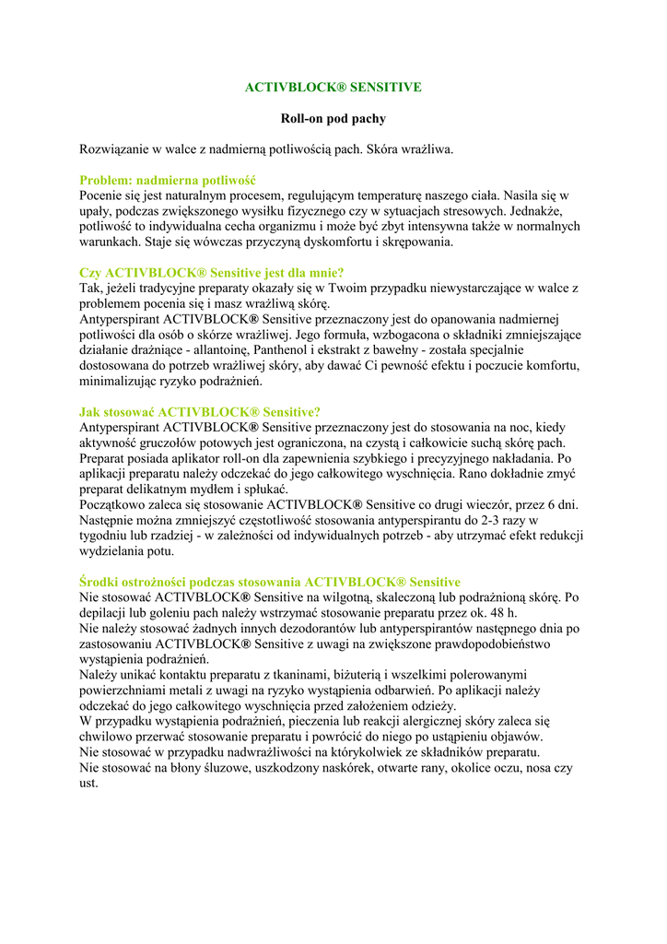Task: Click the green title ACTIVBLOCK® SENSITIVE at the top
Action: [x=333, y=88]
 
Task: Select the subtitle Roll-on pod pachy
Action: [x=333, y=119]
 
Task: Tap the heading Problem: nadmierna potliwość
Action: [x=167, y=181]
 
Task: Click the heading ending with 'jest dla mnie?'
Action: [x=212, y=273]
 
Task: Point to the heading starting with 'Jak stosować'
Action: [x=200, y=412]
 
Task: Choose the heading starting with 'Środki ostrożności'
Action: [x=270, y=583]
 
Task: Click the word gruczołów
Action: [x=164, y=442]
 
